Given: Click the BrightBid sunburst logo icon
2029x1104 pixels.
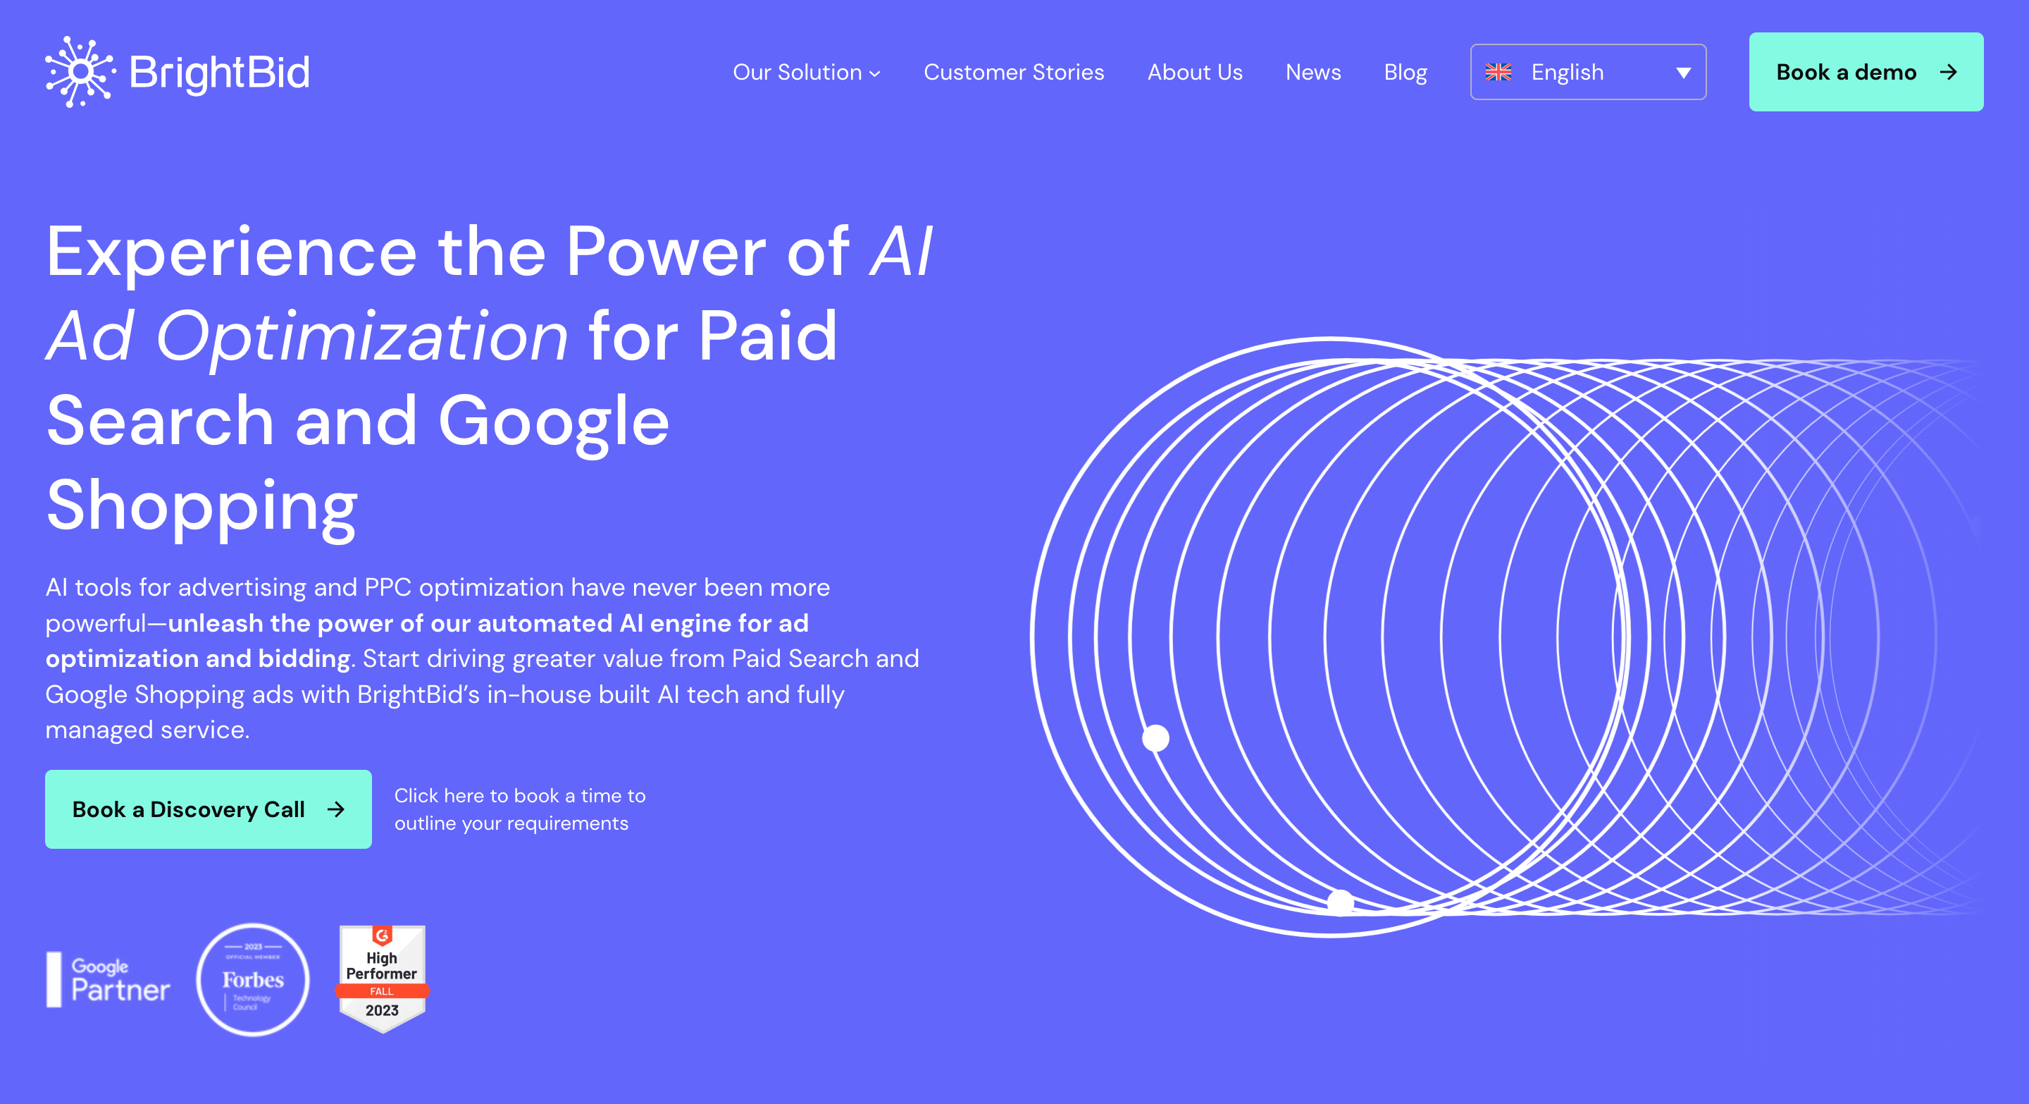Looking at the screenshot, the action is [x=80, y=72].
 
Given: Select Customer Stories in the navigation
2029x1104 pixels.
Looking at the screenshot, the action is [x=1014, y=73].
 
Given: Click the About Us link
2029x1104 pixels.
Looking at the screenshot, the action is [x=1195, y=73].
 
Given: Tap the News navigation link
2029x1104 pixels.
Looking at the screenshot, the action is [x=1313, y=73].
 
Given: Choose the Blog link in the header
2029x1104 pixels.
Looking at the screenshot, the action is [x=1406, y=73].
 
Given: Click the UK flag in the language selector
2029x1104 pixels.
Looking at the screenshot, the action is [x=1498, y=73].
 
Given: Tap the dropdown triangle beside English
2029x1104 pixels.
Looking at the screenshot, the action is [x=1683, y=73].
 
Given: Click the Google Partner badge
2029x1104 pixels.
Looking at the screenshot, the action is [x=108, y=979].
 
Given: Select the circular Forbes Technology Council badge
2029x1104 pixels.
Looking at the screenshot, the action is [x=253, y=979].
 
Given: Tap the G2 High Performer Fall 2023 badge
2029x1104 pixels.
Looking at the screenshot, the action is [x=382, y=979].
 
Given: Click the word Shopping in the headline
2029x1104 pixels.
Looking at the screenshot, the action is [x=202, y=506].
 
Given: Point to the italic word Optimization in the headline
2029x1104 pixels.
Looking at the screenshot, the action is [x=361, y=337].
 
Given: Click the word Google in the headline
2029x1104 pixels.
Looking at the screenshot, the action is [x=554, y=422].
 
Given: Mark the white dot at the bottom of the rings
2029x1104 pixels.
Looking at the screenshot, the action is [x=1341, y=902].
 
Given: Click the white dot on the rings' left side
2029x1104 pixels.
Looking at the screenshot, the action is [x=1155, y=738].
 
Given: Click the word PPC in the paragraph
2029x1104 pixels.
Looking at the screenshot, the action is [x=387, y=587].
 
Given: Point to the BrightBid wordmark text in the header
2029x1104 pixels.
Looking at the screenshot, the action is [x=220, y=73].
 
